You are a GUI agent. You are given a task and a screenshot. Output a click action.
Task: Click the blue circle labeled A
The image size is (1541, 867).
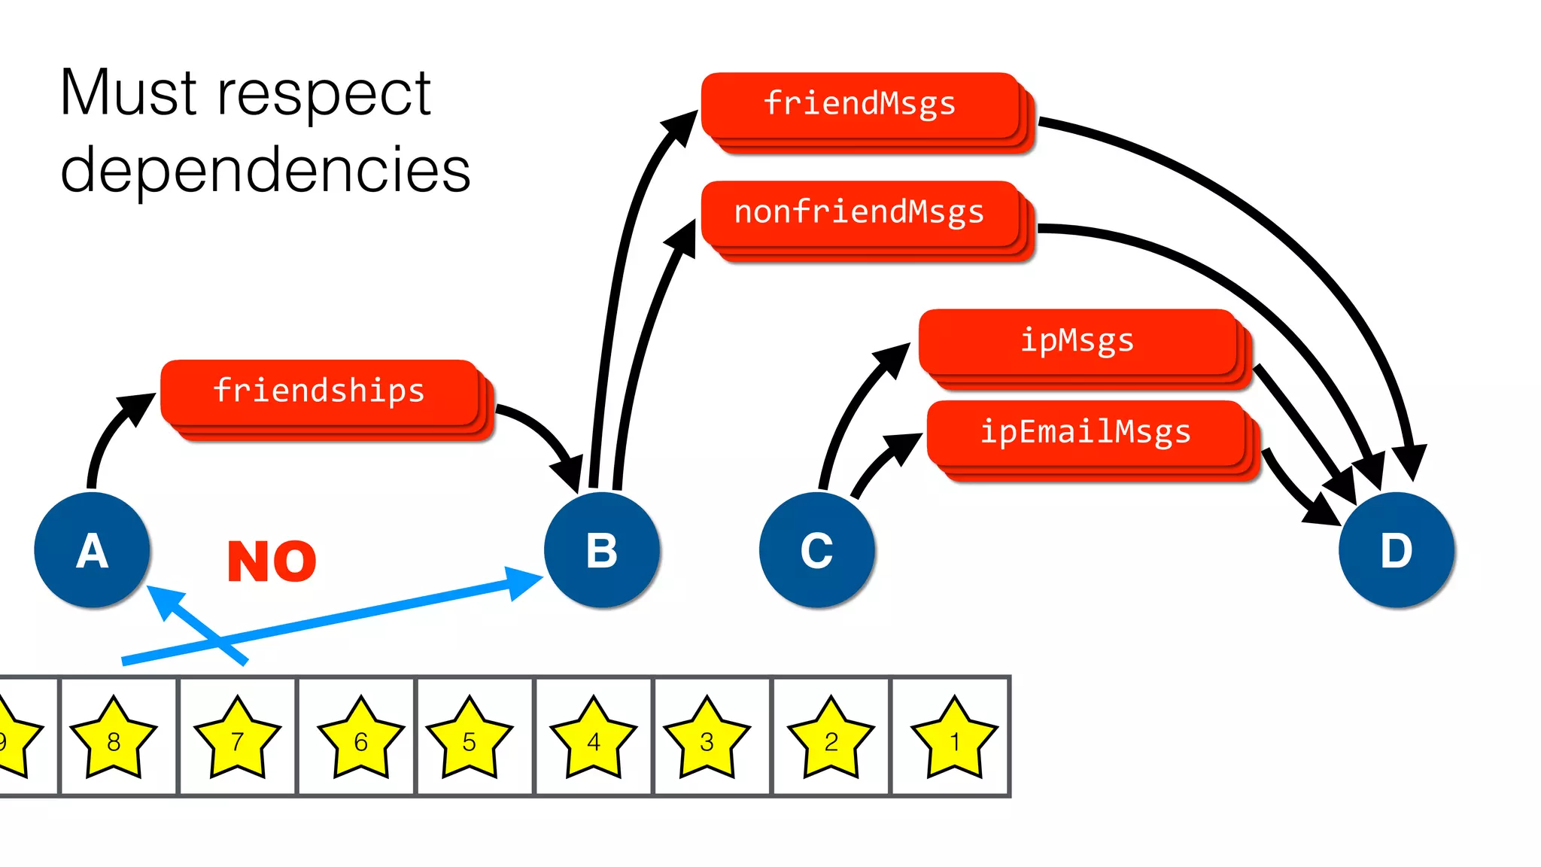(x=92, y=550)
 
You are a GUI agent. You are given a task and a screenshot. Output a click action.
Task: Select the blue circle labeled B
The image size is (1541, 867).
(x=602, y=550)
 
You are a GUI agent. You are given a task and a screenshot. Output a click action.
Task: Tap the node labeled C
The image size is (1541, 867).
(x=817, y=550)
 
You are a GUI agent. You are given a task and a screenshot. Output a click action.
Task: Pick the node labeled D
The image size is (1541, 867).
(x=1397, y=550)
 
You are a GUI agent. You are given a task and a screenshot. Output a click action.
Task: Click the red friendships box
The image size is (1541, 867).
(x=320, y=392)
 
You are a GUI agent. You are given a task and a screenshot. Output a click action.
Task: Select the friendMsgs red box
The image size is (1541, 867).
(x=859, y=105)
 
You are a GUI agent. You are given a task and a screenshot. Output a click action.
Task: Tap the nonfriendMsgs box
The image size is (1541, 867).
(x=859, y=213)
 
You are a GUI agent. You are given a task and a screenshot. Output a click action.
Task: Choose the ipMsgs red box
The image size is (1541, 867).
(x=1077, y=341)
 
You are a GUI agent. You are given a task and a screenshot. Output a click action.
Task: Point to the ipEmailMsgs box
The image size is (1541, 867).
(x=1085, y=433)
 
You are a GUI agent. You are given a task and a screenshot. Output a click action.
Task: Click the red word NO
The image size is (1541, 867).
(x=272, y=561)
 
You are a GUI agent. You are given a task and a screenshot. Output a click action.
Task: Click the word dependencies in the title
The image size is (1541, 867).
(x=265, y=170)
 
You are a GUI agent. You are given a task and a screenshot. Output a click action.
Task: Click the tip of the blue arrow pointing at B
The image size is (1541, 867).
(x=538, y=577)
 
